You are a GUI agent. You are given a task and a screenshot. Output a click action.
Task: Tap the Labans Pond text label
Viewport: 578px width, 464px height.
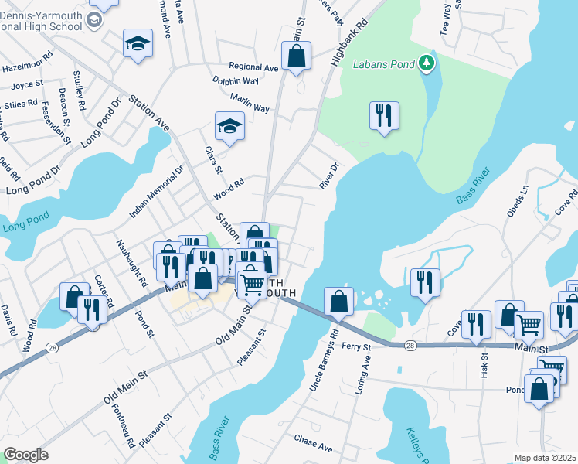385,63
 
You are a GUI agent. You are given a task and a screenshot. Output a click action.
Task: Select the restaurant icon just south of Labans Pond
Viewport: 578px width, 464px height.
384,116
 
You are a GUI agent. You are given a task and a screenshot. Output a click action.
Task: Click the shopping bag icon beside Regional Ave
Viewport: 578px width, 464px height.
296,56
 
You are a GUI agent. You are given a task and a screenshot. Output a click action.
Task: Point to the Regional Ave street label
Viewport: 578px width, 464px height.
253,68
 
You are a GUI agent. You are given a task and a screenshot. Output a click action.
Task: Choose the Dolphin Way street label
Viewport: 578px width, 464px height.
236,80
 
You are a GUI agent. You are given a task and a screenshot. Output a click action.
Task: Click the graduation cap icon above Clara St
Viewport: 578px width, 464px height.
229,126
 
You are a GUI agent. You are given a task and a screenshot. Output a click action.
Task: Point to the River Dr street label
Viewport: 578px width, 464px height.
330,176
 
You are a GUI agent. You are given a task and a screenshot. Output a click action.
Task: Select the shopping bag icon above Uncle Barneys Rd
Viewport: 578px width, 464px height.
338,302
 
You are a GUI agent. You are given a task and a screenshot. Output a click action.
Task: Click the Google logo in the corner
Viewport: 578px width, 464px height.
25,455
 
